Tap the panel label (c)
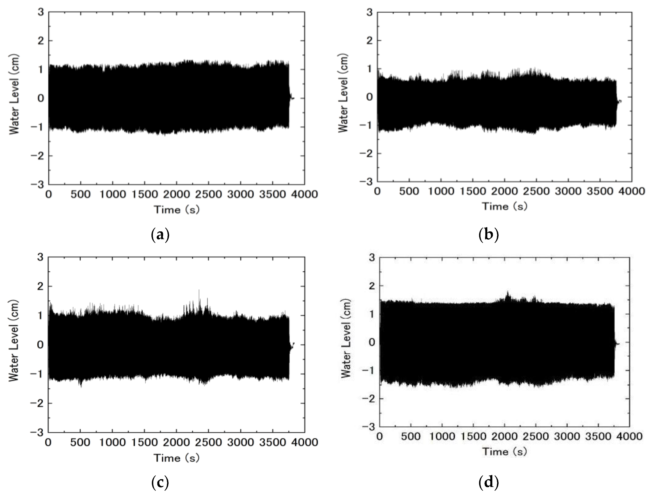pos(160,483)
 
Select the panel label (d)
pos(489,483)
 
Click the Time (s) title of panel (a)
pos(177,210)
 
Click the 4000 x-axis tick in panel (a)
pos(305,194)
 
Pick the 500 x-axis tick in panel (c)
pos(80,442)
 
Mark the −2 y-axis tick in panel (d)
pos(368,399)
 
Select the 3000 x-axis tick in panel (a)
pos(241,194)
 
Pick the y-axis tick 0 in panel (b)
pos(369,97)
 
